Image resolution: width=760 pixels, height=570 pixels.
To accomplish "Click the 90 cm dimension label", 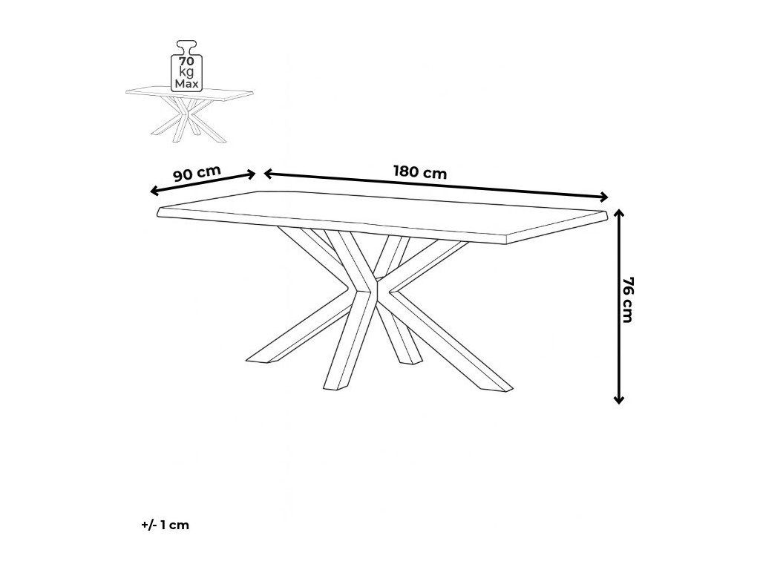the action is pyautogui.click(x=197, y=174).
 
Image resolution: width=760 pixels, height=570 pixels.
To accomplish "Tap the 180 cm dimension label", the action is pyautogui.click(x=419, y=172).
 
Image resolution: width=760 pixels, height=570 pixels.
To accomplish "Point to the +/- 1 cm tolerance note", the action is pyautogui.click(x=165, y=525).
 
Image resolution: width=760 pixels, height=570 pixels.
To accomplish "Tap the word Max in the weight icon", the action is pyautogui.click(x=186, y=84).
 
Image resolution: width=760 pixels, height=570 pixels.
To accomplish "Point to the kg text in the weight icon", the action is pyautogui.click(x=186, y=72).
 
